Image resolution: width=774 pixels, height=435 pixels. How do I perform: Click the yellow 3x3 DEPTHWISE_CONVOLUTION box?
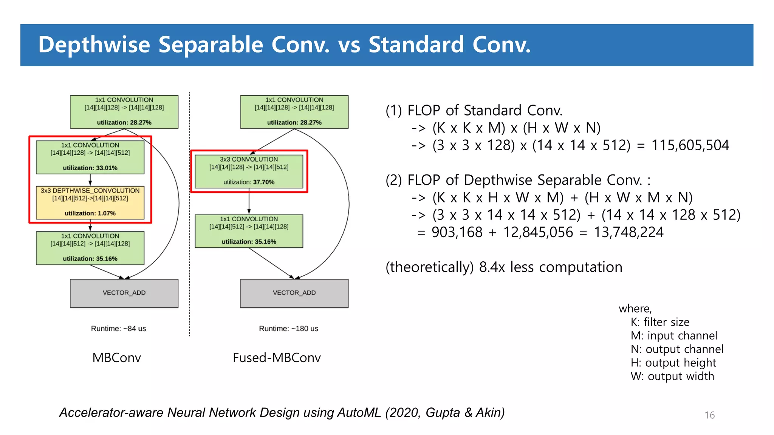(90, 202)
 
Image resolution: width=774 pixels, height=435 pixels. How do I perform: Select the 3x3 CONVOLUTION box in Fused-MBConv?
(249, 171)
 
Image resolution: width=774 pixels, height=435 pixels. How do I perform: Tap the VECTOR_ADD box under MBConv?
(124, 293)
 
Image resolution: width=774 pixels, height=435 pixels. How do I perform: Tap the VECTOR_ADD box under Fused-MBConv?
(294, 293)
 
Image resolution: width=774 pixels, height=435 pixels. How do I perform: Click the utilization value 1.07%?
(106, 213)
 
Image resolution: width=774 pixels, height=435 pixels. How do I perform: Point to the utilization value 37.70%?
(263, 182)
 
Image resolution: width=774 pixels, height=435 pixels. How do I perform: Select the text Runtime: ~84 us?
(118, 329)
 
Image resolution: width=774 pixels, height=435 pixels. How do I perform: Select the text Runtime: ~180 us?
(288, 329)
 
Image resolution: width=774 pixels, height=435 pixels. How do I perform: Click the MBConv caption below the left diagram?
(116, 358)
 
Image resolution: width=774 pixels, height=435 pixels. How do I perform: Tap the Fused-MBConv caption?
(277, 358)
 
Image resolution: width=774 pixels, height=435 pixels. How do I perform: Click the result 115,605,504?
(690, 145)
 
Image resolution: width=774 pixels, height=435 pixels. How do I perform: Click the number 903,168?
(457, 232)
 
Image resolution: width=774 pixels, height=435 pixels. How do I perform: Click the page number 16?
(709, 415)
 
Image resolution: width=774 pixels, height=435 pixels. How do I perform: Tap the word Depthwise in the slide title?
(94, 45)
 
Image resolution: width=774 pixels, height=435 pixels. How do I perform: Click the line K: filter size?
(660, 322)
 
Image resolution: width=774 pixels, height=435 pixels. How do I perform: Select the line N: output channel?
(676, 349)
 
